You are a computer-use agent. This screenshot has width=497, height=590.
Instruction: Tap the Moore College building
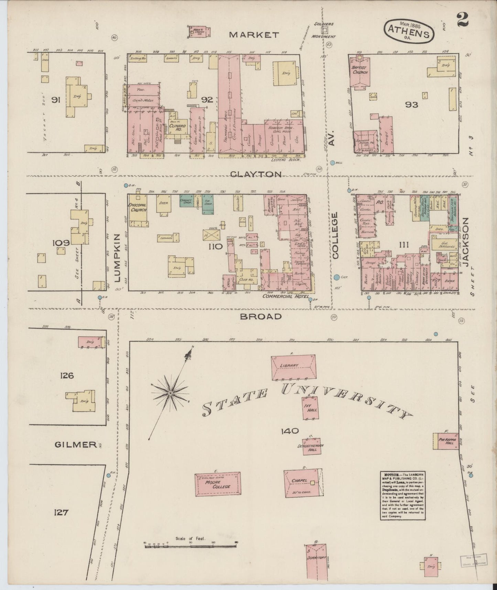click(x=217, y=484)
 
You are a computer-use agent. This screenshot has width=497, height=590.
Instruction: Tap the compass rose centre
click(x=170, y=393)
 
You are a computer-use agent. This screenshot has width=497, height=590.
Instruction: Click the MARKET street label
click(x=254, y=34)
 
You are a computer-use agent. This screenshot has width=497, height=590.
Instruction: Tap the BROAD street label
click(x=261, y=316)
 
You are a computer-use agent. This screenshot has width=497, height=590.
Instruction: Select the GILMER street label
click(x=76, y=445)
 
